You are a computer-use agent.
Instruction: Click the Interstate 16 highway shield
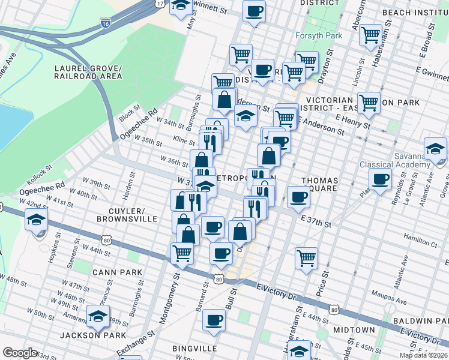(x=105, y=24)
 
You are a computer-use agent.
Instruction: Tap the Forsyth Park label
(x=319, y=35)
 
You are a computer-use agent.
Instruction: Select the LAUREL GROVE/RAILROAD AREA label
(x=88, y=72)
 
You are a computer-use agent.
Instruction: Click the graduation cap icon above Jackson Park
(x=98, y=315)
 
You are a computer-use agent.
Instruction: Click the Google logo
(x=20, y=353)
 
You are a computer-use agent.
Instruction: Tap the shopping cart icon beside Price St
(x=307, y=259)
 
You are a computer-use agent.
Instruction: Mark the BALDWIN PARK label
(x=420, y=322)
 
